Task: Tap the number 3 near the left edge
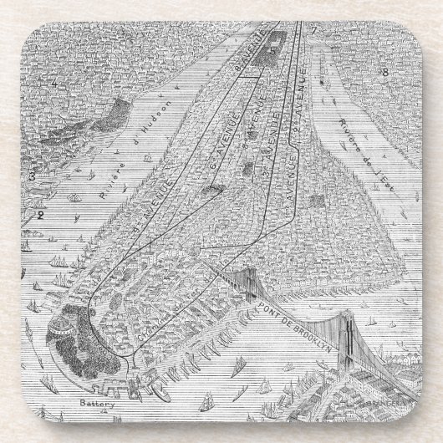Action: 30,176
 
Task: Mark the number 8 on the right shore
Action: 384,72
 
